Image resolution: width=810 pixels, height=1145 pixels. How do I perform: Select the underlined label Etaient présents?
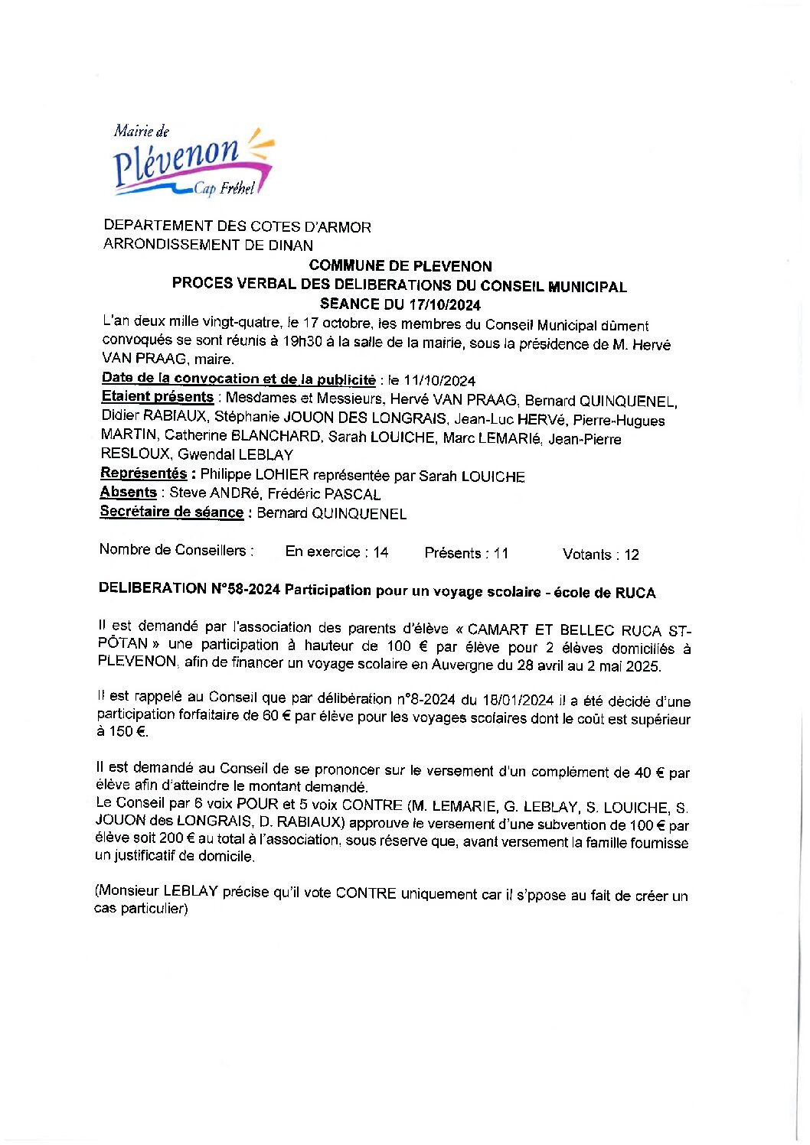click(x=158, y=397)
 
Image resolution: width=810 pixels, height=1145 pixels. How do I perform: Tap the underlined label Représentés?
click(x=144, y=473)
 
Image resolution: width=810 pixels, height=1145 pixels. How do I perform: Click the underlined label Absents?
click(x=129, y=493)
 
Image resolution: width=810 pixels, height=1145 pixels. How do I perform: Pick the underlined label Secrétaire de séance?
click(x=171, y=512)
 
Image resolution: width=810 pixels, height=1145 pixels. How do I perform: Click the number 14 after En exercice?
click(x=381, y=552)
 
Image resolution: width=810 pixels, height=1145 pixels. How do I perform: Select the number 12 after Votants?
click(x=631, y=555)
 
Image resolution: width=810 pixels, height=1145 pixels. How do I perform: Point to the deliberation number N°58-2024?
click(x=244, y=589)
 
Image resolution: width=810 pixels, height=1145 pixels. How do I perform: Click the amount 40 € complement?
click(x=649, y=773)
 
